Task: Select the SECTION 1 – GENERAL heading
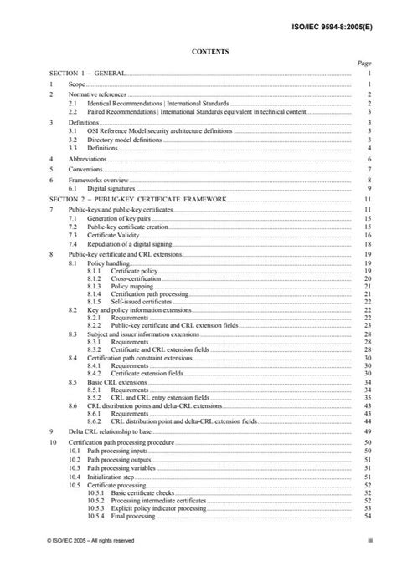pyautogui.click(x=88, y=74)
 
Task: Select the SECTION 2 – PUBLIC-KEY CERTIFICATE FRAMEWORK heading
pyautogui.click(x=137, y=201)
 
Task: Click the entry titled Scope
pyautogui.click(x=76, y=84)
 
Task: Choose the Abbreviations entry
pyautogui.click(x=87, y=158)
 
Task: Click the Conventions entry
pyautogui.click(x=86, y=169)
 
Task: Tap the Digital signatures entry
pyautogui.click(x=113, y=190)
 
